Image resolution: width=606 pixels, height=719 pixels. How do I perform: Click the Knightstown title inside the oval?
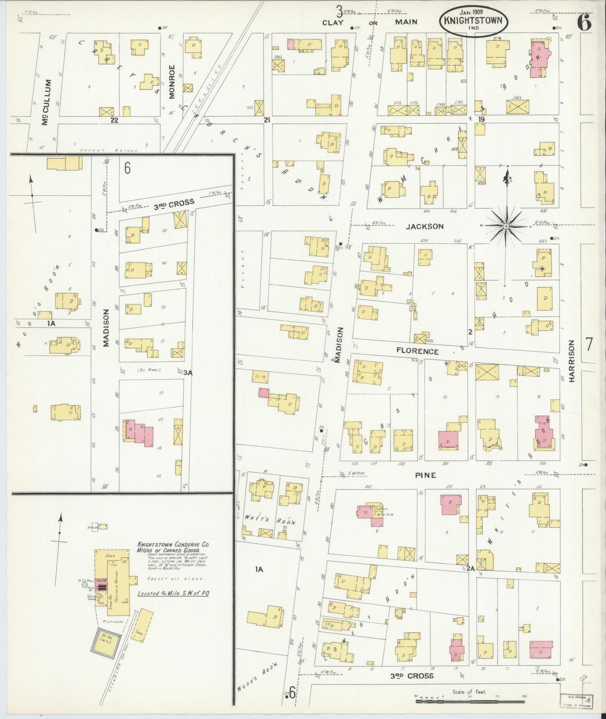(x=473, y=20)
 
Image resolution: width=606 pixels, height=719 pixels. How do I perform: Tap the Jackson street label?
(x=424, y=227)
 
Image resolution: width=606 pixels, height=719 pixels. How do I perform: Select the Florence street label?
(x=417, y=352)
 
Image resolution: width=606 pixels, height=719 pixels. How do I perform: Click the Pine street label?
(x=425, y=475)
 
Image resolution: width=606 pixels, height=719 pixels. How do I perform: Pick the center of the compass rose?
(x=507, y=227)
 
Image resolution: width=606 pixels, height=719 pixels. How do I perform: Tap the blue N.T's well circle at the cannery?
(x=85, y=584)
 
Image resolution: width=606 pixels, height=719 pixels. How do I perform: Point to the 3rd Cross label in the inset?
(x=174, y=203)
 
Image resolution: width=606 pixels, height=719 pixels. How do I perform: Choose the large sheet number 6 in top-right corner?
(x=584, y=22)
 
